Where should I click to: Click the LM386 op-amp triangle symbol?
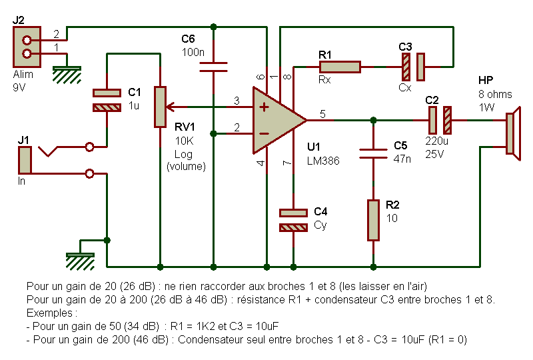[275, 120]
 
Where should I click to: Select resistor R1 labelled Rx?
[340, 67]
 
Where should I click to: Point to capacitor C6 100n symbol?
[214, 66]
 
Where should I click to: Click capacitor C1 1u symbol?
[107, 100]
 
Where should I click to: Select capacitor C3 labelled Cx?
[412, 67]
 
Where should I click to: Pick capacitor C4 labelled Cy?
[293, 220]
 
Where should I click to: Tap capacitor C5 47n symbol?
[373, 153]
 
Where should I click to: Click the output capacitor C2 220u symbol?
[440, 120]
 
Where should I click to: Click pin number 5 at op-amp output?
[322, 114]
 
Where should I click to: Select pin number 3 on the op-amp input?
[237, 101]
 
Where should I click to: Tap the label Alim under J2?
[23, 75]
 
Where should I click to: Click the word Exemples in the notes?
[47, 312]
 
